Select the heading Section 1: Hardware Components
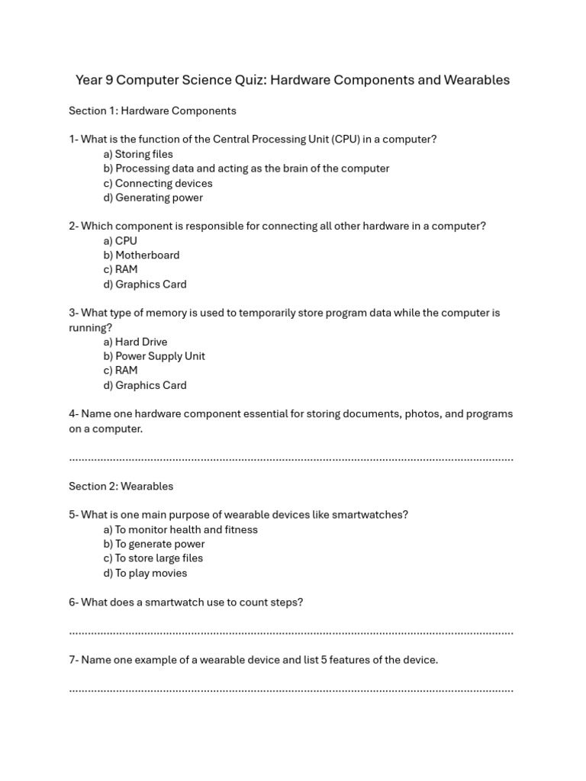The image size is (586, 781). pyautogui.click(x=153, y=111)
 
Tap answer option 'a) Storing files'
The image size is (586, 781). pyautogui.click(x=138, y=154)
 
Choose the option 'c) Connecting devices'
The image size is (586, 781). pyautogui.click(x=158, y=183)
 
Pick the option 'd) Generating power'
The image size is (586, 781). pyautogui.click(x=153, y=198)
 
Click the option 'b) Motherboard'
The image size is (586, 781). pyautogui.click(x=142, y=255)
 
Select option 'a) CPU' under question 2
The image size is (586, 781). pyautogui.click(x=121, y=240)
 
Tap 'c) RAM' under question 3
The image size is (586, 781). pyautogui.click(x=121, y=370)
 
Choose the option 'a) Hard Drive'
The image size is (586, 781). pyautogui.click(x=135, y=342)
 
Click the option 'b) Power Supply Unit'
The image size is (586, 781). pyautogui.click(x=154, y=356)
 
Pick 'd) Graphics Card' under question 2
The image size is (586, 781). pyautogui.click(x=145, y=284)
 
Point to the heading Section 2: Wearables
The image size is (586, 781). pyautogui.click(x=121, y=486)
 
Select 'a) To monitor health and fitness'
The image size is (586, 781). pyautogui.click(x=181, y=529)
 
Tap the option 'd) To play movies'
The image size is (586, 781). pyautogui.click(x=145, y=573)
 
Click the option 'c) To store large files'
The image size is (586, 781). pyautogui.click(x=153, y=558)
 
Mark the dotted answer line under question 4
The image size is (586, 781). pyautogui.click(x=291, y=459)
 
